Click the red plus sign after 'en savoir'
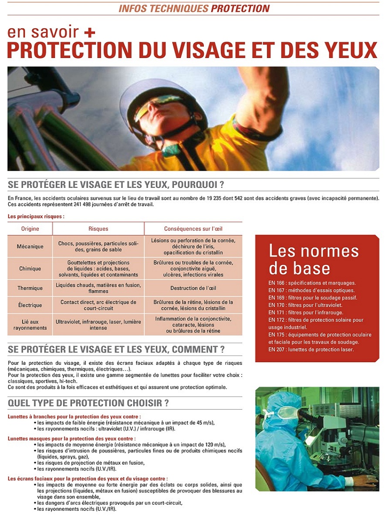[90, 33]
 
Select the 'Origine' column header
[30, 229]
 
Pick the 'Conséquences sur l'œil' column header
[193, 229]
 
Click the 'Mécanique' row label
[30, 247]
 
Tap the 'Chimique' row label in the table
[30, 269]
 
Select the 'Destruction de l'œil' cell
[193, 288]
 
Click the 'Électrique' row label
[30, 305]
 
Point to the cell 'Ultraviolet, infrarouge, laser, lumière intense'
[98, 325]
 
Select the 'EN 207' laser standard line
[311, 350]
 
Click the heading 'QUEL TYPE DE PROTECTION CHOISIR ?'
[88, 403]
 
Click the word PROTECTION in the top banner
[240, 8]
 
